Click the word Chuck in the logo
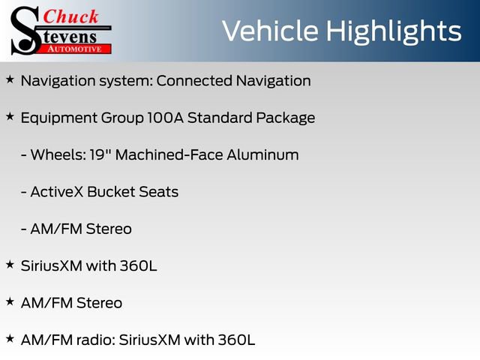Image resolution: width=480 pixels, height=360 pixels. tap(70, 16)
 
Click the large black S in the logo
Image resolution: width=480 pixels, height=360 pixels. tap(25, 31)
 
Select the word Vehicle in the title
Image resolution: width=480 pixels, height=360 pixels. tap(270, 31)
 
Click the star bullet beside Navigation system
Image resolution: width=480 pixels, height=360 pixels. tap(10, 79)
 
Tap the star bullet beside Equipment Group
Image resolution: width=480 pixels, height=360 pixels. tap(10, 117)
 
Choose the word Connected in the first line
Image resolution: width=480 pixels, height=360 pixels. tap(194, 81)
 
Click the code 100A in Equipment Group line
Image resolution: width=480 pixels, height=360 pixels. tap(165, 118)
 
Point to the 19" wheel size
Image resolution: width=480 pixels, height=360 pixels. tap(100, 154)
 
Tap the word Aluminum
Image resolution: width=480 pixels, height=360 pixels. tap(263, 154)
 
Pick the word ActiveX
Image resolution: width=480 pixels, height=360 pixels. tap(57, 192)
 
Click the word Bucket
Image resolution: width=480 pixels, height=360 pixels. tap(111, 192)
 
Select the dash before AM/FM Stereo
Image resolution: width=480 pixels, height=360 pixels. tap(23, 229)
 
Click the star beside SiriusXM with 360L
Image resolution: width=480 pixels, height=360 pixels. tap(10, 265)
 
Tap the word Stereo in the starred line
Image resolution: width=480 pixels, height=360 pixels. tap(99, 303)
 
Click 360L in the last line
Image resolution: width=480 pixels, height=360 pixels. tap(236, 340)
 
